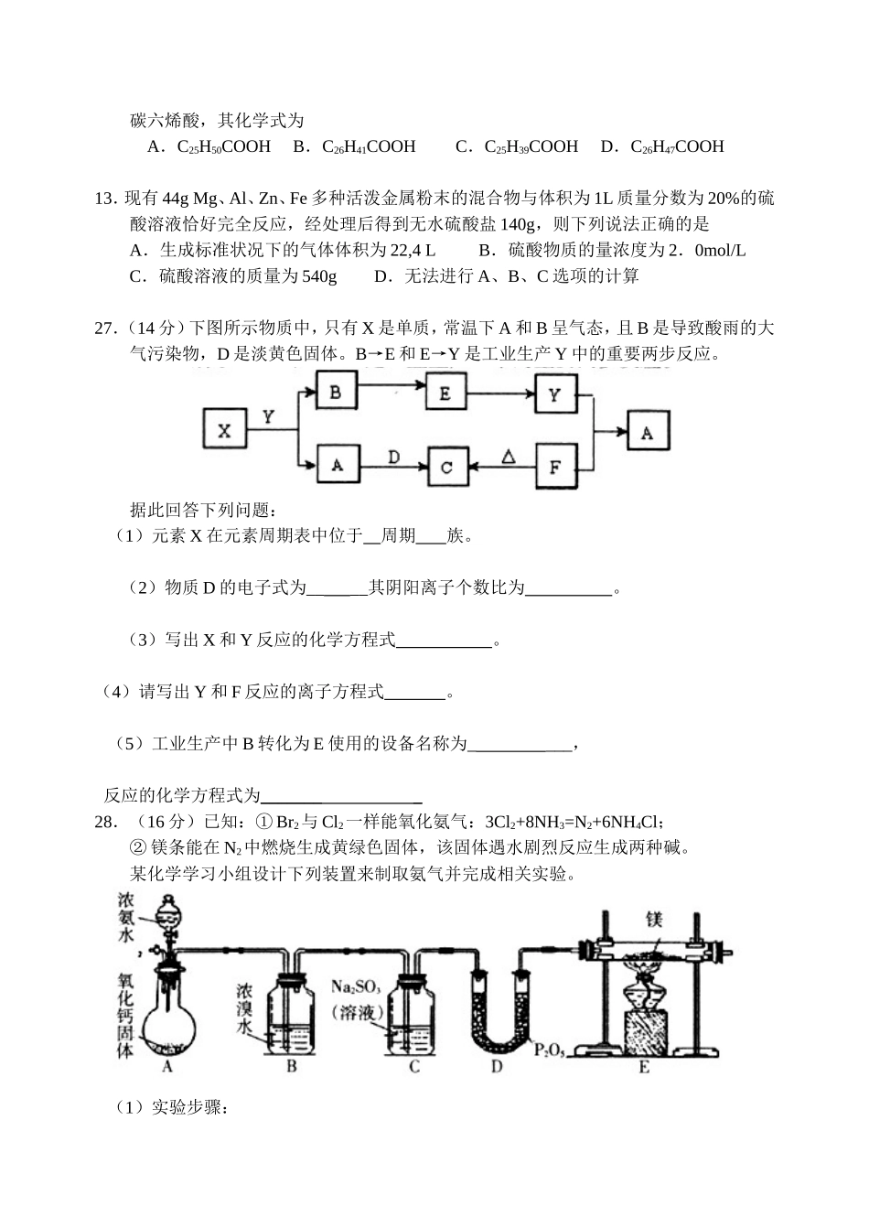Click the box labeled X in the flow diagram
point(225,431)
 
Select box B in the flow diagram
point(336,393)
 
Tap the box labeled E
point(445,393)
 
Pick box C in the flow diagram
point(446,467)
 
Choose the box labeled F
point(555,467)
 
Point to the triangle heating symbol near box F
point(509,455)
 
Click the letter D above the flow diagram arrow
point(393,455)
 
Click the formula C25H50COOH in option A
point(224,146)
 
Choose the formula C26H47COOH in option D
point(677,146)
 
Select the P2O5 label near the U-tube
point(550,1050)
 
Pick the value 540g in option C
point(318,275)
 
